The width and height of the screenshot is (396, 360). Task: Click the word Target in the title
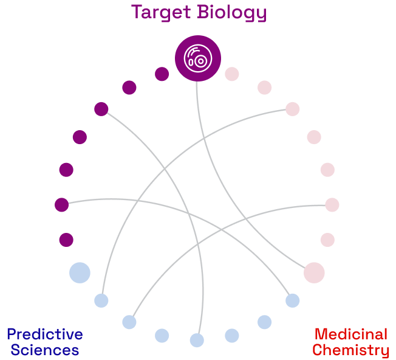coord(160,12)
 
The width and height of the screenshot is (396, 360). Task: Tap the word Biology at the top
coord(233,12)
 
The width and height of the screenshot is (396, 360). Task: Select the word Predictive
coord(44,334)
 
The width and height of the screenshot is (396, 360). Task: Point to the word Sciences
coord(44,350)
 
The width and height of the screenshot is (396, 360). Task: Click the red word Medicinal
coord(350,334)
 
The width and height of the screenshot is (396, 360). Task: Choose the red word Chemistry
coord(350,350)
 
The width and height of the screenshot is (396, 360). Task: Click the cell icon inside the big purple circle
coord(198,58)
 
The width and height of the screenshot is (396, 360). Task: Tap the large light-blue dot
coord(80,272)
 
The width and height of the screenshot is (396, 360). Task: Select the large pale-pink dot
coord(314,272)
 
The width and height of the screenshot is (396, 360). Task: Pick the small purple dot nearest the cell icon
coord(162,74)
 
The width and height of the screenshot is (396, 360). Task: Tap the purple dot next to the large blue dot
coord(66,240)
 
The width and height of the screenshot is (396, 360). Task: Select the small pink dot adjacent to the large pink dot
coord(327,240)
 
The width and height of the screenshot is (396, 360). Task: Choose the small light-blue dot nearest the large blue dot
coord(101,300)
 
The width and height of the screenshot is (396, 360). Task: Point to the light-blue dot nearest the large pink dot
coord(293,300)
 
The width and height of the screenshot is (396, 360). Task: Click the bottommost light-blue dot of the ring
coord(197,340)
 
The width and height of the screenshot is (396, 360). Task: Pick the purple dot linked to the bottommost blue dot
coord(101,109)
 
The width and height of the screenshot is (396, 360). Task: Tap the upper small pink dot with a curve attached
coord(293,109)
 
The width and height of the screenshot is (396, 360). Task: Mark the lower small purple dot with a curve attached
coord(61,205)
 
